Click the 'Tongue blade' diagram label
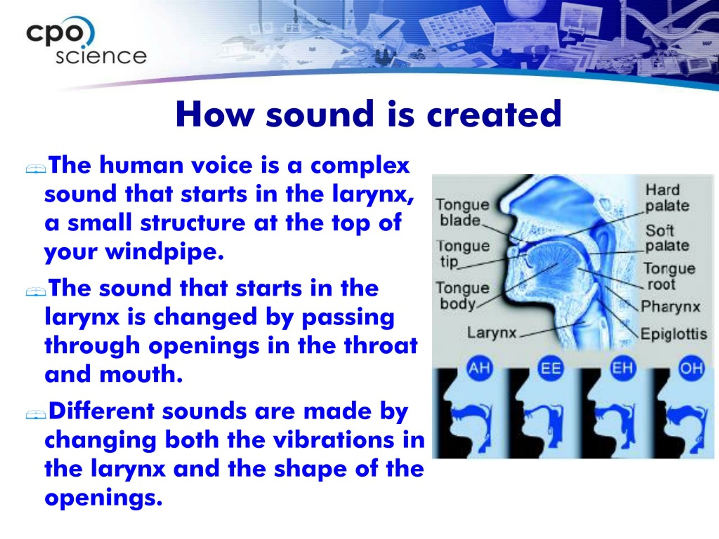point(462,213)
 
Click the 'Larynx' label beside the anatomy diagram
point(492,333)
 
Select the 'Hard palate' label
point(667,198)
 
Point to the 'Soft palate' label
point(667,238)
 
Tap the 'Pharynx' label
point(670,306)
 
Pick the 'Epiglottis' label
point(674,334)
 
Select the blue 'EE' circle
point(551,368)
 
